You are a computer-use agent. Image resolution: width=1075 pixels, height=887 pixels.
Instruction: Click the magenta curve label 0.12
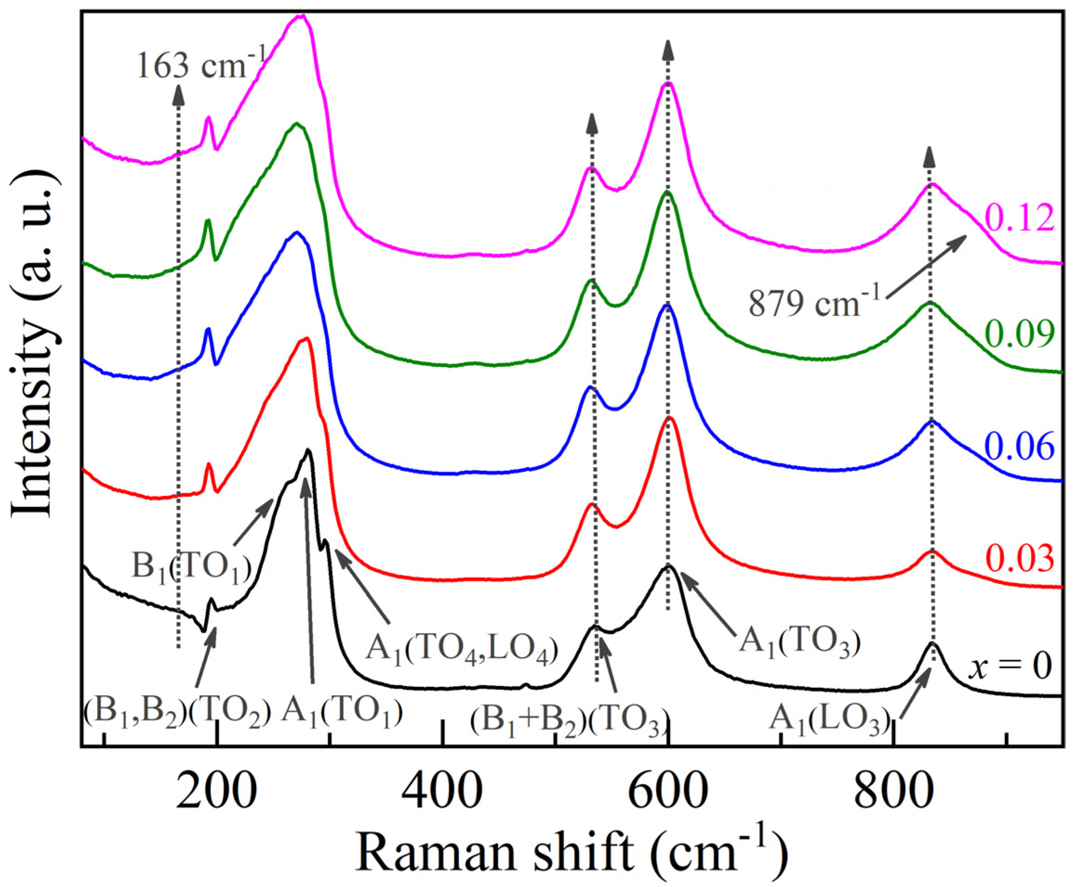[1018, 218]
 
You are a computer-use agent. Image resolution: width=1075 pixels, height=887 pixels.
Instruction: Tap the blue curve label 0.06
[1018, 447]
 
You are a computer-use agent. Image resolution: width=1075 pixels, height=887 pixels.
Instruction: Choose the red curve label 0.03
[1018, 559]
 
